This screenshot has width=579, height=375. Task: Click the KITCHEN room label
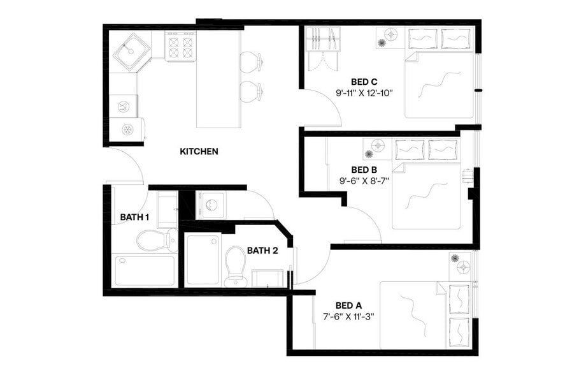pos(199,152)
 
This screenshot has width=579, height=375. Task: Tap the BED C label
pos(364,82)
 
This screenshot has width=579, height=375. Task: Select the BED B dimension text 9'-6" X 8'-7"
pos(364,180)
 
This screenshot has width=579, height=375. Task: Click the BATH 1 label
pos(134,217)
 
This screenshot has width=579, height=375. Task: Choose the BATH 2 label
pos(262,250)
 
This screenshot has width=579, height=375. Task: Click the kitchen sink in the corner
pos(131,49)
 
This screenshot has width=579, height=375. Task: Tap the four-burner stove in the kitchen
pos(180,47)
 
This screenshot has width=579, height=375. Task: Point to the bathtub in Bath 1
pos(144,270)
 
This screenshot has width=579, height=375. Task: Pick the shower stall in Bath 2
pos(203,260)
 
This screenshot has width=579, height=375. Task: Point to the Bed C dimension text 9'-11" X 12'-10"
pos(364,93)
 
